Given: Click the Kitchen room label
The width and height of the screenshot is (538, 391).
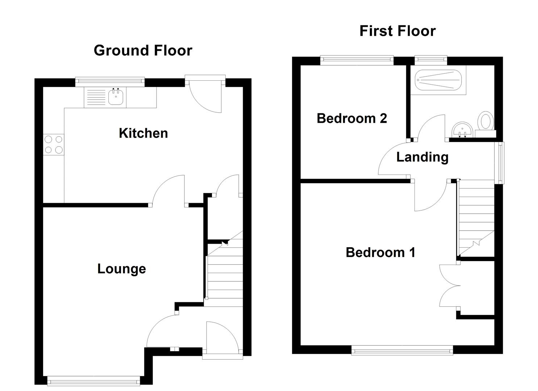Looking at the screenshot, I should [x=143, y=133].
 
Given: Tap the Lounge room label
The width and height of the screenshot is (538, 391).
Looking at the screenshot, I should [x=121, y=269].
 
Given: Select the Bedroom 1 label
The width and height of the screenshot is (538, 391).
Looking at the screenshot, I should [x=380, y=252].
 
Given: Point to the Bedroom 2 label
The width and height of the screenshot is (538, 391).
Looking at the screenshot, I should [x=351, y=118].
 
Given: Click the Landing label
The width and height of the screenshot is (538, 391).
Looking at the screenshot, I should [x=422, y=157].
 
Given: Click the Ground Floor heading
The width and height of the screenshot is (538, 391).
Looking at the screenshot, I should [x=143, y=50].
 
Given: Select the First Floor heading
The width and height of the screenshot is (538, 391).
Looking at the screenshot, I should [x=397, y=31].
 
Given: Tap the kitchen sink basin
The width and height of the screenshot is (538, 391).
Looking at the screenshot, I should [x=116, y=97].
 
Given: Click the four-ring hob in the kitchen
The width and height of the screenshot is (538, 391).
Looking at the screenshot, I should [x=54, y=144].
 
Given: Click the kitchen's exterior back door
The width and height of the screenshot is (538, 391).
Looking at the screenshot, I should [x=205, y=96].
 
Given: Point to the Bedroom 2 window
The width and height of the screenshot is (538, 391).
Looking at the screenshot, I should [x=356, y=60].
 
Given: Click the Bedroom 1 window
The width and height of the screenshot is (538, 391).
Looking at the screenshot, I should [x=402, y=350].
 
